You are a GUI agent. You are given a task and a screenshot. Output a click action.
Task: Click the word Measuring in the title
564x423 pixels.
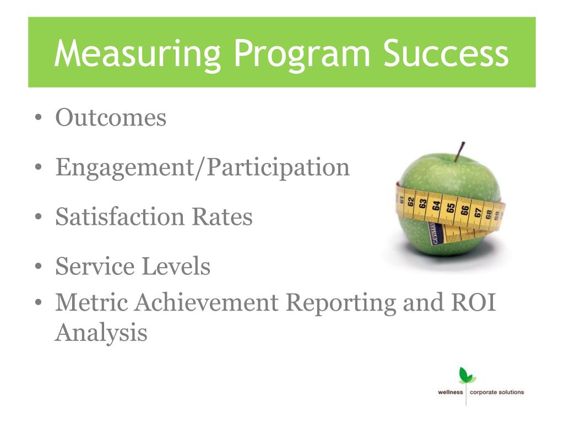click(x=137, y=53)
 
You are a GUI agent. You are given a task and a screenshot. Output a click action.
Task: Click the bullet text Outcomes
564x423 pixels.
click(x=111, y=117)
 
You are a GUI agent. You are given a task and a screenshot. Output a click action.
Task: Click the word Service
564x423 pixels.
click(x=95, y=267)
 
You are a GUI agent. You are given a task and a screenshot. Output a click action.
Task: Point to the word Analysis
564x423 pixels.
click(x=101, y=333)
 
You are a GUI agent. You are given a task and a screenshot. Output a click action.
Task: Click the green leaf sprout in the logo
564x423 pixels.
click(x=467, y=375)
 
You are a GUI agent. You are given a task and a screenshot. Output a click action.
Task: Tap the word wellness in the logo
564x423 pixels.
click(x=451, y=393)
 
